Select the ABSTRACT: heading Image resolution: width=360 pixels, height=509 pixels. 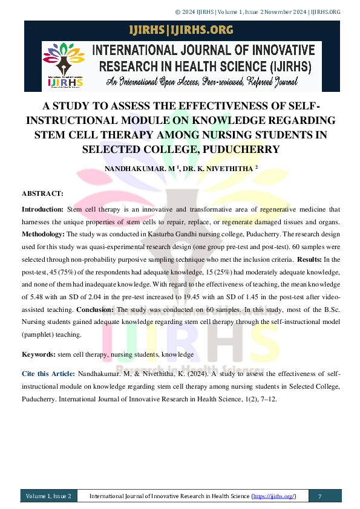42,193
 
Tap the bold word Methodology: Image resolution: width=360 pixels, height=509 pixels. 43,233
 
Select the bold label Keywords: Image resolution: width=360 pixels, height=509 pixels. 39,354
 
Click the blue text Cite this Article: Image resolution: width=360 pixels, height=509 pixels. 48,374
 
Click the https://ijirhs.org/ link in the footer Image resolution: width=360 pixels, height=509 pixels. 274,496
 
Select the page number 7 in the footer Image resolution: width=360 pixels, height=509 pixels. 319,496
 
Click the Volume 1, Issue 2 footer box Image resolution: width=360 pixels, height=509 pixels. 48,496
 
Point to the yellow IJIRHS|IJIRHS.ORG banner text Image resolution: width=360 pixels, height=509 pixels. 181,30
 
